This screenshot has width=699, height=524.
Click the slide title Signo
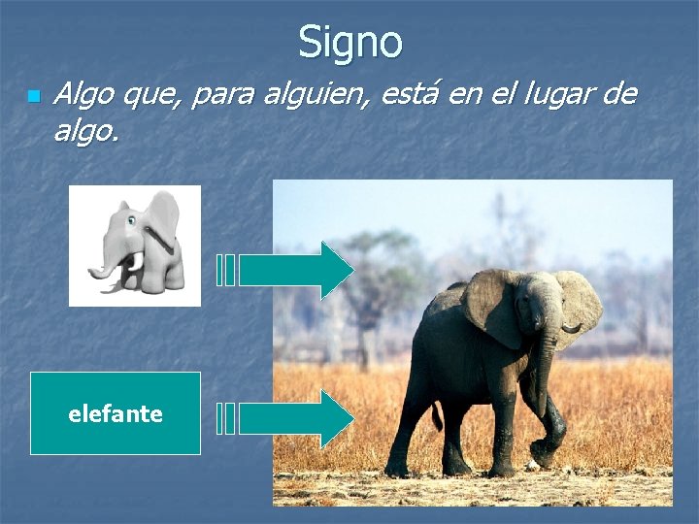(349, 42)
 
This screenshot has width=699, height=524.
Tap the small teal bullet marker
(33, 97)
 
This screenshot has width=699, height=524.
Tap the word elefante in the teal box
(116, 414)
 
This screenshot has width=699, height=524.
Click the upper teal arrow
(296, 270)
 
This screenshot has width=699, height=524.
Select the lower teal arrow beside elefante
(296, 418)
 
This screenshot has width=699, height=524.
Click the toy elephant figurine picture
(135, 246)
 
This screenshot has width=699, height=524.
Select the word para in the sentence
(216, 95)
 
